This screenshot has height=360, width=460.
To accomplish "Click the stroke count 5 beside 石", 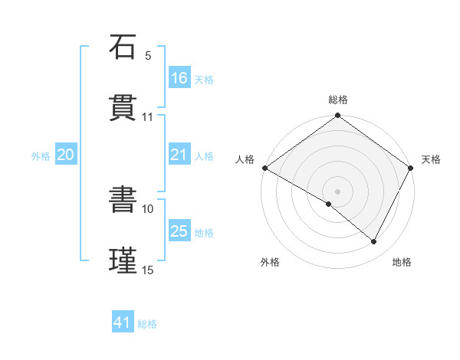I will pos(148,56).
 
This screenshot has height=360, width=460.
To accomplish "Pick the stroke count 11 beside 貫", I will pos(148,117).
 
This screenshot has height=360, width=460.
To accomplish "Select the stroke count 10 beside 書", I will pos(148,208).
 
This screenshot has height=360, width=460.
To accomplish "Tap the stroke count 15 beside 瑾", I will pos(148,270).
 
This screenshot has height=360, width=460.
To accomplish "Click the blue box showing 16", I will pos(179,78).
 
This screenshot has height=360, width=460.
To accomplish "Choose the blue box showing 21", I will pos(179,155).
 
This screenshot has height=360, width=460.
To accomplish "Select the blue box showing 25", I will pos(179,231).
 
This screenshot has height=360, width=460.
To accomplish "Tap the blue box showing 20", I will pos(65,155).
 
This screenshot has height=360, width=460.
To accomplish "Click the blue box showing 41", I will pos(123,323).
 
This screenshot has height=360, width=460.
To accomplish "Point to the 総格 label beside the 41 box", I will pos(147,324).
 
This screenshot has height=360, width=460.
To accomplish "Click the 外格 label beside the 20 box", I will pos(41,155).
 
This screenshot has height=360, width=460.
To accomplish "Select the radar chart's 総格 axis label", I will pos(338,100).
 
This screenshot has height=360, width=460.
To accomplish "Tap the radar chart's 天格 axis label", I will pos(431,159).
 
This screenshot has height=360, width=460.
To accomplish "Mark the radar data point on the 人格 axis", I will pos(264,168).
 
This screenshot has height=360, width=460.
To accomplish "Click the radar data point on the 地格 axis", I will pos(374,241).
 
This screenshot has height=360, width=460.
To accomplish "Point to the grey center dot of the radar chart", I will pos(337,191).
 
